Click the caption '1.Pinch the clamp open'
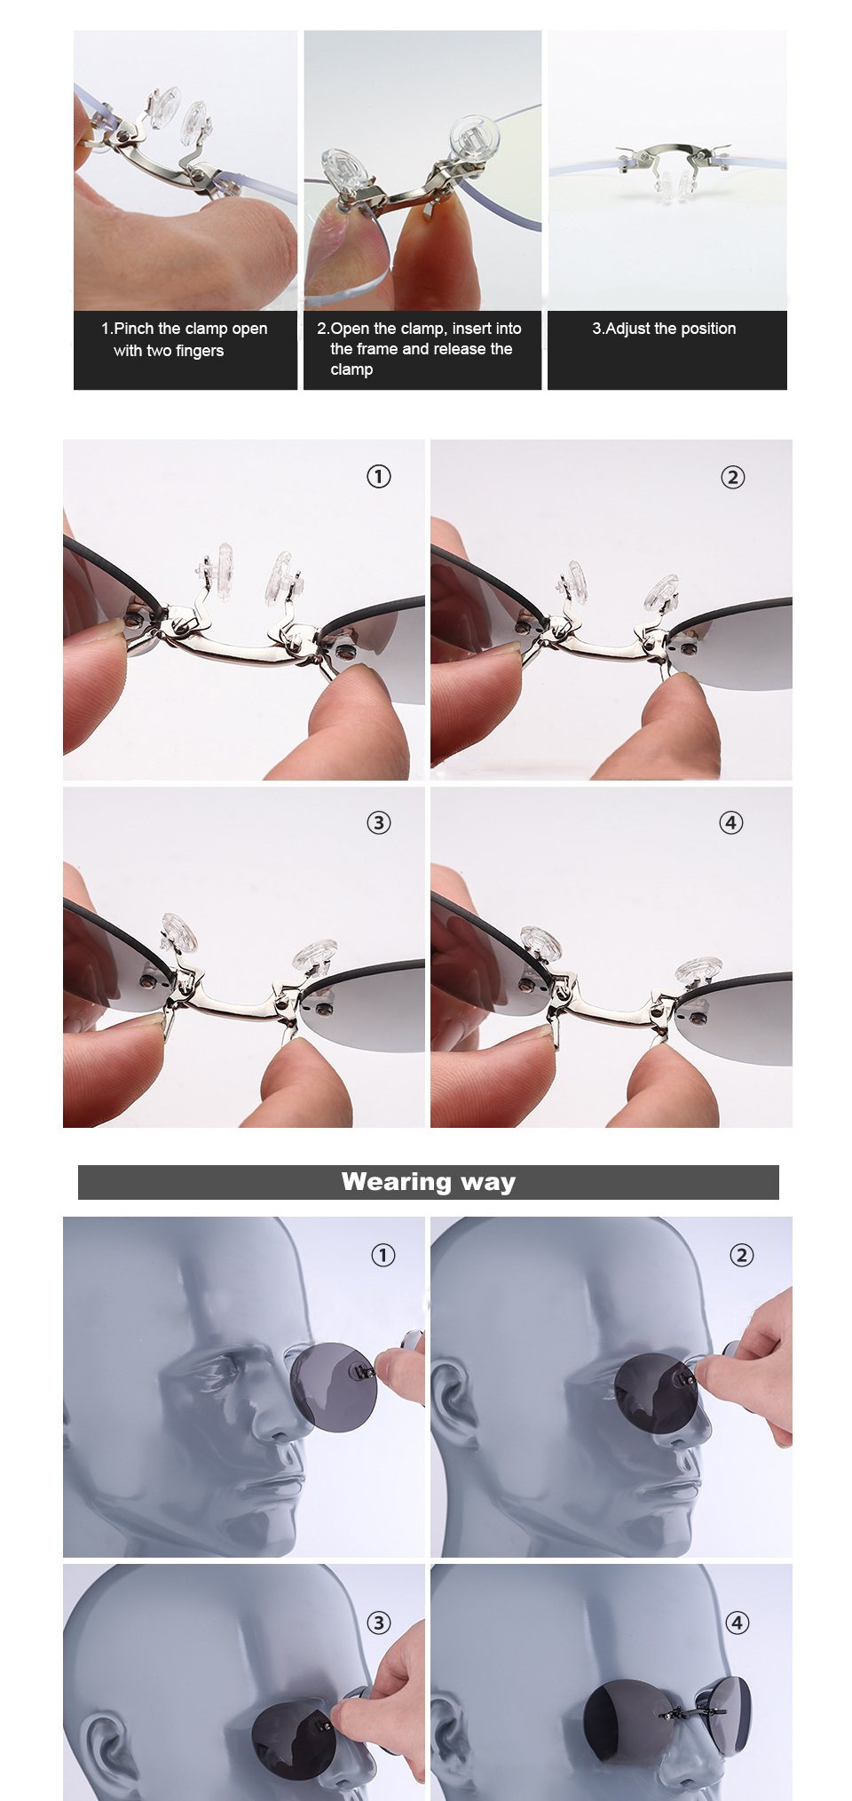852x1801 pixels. pyautogui.click(x=184, y=329)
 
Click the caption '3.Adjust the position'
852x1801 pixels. pyautogui.click(x=664, y=329)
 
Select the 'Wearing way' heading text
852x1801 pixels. pyautogui.click(x=428, y=1182)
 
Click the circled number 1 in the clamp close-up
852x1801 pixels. pyautogui.click(x=379, y=477)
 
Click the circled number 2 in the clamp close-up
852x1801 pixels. pyautogui.click(x=732, y=478)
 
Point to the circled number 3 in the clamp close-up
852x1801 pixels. pyautogui.click(x=379, y=823)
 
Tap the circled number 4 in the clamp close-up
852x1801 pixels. pyautogui.click(x=730, y=823)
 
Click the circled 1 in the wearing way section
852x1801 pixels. pyautogui.click(x=383, y=1256)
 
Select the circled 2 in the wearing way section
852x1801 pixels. pyautogui.click(x=741, y=1256)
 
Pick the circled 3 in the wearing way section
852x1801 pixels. pyautogui.click(x=379, y=1623)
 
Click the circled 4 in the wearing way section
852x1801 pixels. pyautogui.click(x=738, y=1623)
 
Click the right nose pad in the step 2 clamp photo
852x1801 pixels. pyautogui.click(x=475, y=138)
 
